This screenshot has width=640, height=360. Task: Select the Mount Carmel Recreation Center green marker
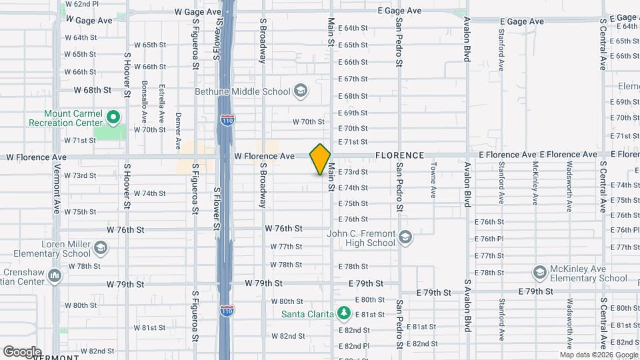point(113,119)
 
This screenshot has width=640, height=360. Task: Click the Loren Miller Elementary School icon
point(100,249)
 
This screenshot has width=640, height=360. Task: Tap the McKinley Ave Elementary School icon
point(539,273)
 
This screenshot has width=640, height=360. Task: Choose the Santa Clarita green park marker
point(343,313)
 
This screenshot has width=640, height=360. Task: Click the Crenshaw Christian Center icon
point(55,275)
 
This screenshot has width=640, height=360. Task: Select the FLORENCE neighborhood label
point(399,155)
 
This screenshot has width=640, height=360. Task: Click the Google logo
point(22,351)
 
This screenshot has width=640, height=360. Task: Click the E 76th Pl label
point(489,238)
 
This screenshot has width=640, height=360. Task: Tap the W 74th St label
point(149,193)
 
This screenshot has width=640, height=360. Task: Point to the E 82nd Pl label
point(353,346)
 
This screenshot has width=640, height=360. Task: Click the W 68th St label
point(93,89)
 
